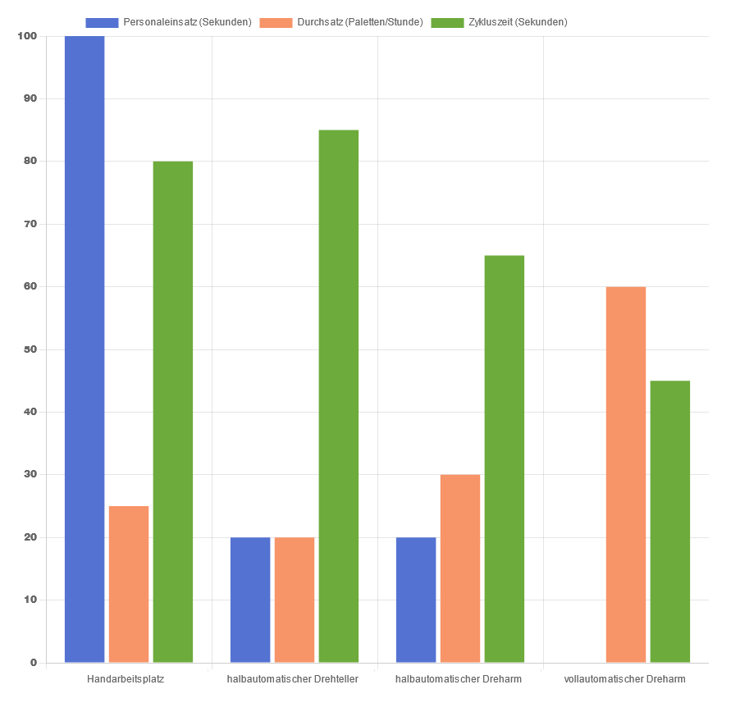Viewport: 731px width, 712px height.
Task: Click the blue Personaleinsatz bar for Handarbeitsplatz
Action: tap(85, 349)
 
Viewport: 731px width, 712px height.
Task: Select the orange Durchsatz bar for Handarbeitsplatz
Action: tap(129, 584)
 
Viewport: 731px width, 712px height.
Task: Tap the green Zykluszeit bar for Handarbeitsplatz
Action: tap(173, 412)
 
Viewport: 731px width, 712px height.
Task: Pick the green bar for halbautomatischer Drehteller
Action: tap(339, 396)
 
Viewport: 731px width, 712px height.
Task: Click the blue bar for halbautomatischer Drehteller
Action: tap(250, 600)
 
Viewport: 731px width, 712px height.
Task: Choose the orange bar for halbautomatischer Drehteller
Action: tap(295, 600)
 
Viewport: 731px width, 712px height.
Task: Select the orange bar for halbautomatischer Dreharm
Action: tap(460, 568)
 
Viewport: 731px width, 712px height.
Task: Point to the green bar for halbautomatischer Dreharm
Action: tap(505, 459)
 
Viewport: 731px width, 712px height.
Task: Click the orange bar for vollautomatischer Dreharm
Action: tap(626, 474)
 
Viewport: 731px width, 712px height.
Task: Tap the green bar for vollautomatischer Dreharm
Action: tap(670, 522)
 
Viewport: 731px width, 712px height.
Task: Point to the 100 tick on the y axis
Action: tap(27, 36)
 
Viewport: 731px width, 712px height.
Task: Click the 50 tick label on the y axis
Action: tap(30, 349)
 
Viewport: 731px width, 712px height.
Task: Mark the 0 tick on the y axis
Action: tap(34, 663)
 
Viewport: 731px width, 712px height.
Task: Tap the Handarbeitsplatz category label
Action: tap(126, 679)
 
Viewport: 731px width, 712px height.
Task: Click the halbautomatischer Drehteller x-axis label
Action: tap(293, 679)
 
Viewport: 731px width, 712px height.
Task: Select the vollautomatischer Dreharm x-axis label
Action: tap(625, 679)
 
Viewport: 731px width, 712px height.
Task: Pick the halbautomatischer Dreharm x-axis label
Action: tap(459, 679)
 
